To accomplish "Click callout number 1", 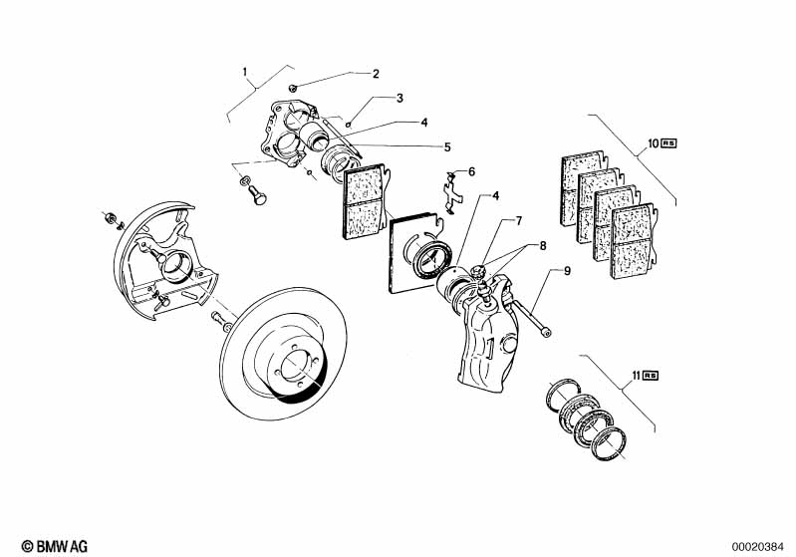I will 244,72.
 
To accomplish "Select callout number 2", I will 376,74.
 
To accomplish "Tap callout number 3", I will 398,98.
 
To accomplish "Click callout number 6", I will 471,171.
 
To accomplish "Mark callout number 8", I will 543,245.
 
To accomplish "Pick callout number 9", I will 567,271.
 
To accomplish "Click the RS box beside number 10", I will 654,143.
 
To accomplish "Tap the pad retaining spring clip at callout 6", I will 451,191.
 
